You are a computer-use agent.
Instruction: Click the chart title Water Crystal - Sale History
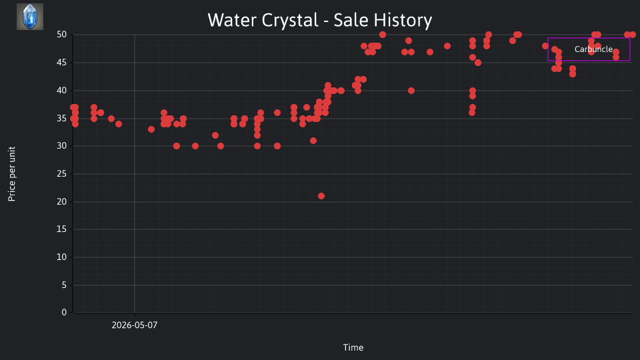(x=319, y=20)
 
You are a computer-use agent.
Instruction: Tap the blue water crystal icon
(x=30, y=17)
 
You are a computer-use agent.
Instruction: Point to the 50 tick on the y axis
(x=61, y=35)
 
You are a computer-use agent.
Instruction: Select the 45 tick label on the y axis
(x=61, y=63)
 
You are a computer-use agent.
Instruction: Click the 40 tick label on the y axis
(x=61, y=90)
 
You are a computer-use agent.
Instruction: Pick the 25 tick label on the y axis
(x=61, y=174)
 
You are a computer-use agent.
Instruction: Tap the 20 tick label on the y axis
(x=61, y=201)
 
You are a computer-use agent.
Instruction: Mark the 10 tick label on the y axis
(x=61, y=257)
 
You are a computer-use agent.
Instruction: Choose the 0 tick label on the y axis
(x=64, y=313)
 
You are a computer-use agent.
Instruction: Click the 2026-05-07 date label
(x=134, y=325)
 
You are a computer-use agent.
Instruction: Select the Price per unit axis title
(x=12, y=174)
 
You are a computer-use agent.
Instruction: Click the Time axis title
(x=353, y=347)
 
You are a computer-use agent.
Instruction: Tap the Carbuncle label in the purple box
(x=593, y=49)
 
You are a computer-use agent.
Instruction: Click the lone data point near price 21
(x=321, y=196)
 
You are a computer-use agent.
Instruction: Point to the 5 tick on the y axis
(x=64, y=285)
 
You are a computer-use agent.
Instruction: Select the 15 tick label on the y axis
(x=61, y=229)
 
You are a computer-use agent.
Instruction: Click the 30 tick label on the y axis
(x=61, y=146)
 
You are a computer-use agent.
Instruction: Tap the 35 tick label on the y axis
(x=61, y=119)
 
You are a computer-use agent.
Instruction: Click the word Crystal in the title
(x=290, y=21)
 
